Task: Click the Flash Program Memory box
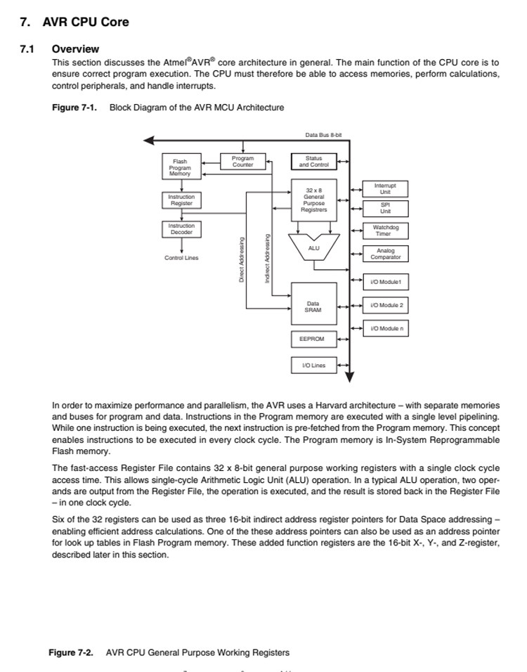[x=180, y=167]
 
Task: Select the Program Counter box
[x=242, y=162]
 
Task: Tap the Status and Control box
[x=313, y=162]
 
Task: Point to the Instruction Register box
[x=181, y=200]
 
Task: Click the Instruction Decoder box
[x=181, y=228]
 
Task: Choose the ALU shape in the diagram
[x=314, y=248]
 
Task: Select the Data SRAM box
[x=313, y=306]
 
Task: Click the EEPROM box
[x=313, y=339]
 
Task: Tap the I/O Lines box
[x=313, y=365]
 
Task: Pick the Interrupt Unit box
[x=385, y=188]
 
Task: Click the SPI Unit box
[x=385, y=208]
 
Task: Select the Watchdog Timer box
[x=384, y=231]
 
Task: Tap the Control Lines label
[x=181, y=258]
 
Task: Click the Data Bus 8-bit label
[x=323, y=134]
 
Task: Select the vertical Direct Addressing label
[x=242, y=259]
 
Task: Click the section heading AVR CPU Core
[x=86, y=22]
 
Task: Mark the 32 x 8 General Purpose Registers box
[x=313, y=200]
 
